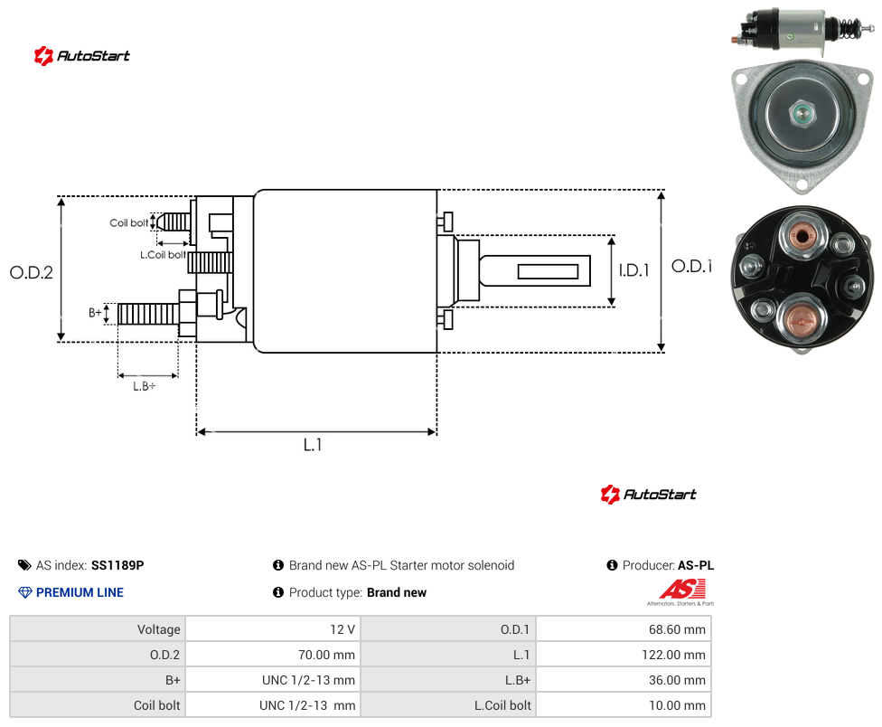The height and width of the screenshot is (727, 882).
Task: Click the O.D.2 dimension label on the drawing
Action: [x=32, y=272]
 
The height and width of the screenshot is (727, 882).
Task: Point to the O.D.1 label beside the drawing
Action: [x=692, y=266]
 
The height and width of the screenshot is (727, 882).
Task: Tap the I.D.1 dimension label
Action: [x=634, y=270]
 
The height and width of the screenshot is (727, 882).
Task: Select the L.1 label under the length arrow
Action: [x=313, y=445]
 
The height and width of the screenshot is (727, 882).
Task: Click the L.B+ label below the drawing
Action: [x=145, y=386]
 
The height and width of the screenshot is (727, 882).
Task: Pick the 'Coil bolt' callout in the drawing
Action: [x=129, y=222]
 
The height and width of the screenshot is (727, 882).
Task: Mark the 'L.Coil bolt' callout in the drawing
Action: [x=163, y=255]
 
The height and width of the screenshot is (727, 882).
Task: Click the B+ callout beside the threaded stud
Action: [x=95, y=312]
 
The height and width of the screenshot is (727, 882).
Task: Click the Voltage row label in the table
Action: [x=159, y=629]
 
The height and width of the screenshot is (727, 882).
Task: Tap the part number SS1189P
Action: [x=117, y=565]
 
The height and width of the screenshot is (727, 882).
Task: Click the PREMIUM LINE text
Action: [x=80, y=592]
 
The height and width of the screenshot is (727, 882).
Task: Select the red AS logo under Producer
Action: [x=682, y=590]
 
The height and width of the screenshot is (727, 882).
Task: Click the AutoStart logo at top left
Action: [x=82, y=56]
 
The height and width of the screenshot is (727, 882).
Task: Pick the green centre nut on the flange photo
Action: [x=802, y=113]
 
